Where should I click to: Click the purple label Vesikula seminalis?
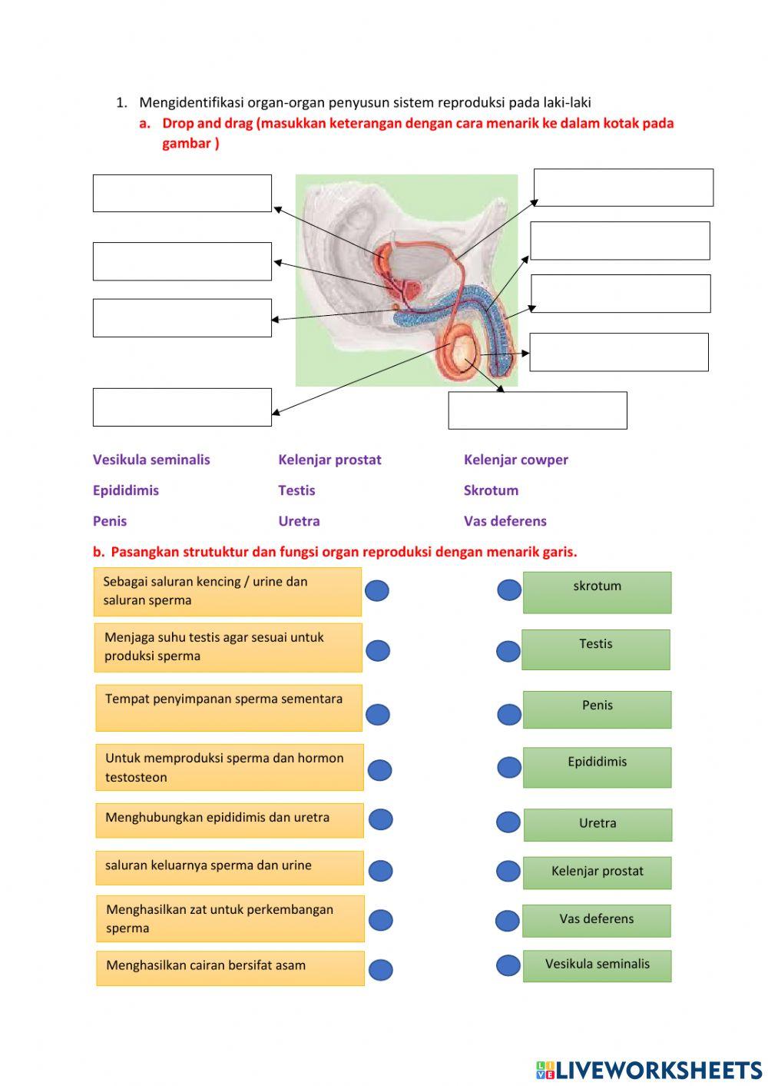(151, 460)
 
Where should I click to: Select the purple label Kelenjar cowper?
(515, 460)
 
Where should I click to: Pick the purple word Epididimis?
(126, 490)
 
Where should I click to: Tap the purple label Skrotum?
(491, 490)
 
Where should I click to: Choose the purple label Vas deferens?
(505, 521)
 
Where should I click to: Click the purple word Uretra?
(299, 521)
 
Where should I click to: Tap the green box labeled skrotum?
(597, 592)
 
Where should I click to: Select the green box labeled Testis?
(596, 649)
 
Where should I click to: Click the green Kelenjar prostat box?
(597, 872)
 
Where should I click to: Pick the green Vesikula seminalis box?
(597, 965)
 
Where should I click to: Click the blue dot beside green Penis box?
(509, 715)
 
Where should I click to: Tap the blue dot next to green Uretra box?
(508, 822)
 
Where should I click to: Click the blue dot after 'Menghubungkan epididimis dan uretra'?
(381, 819)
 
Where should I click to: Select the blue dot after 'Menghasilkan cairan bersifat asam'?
(381, 970)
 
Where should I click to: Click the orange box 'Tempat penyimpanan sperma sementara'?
(228, 707)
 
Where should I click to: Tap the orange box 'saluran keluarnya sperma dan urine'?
(229, 867)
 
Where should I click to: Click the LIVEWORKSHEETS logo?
(649, 1070)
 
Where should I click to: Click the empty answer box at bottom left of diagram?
(182, 407)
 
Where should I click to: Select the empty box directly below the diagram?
(538, 410)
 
